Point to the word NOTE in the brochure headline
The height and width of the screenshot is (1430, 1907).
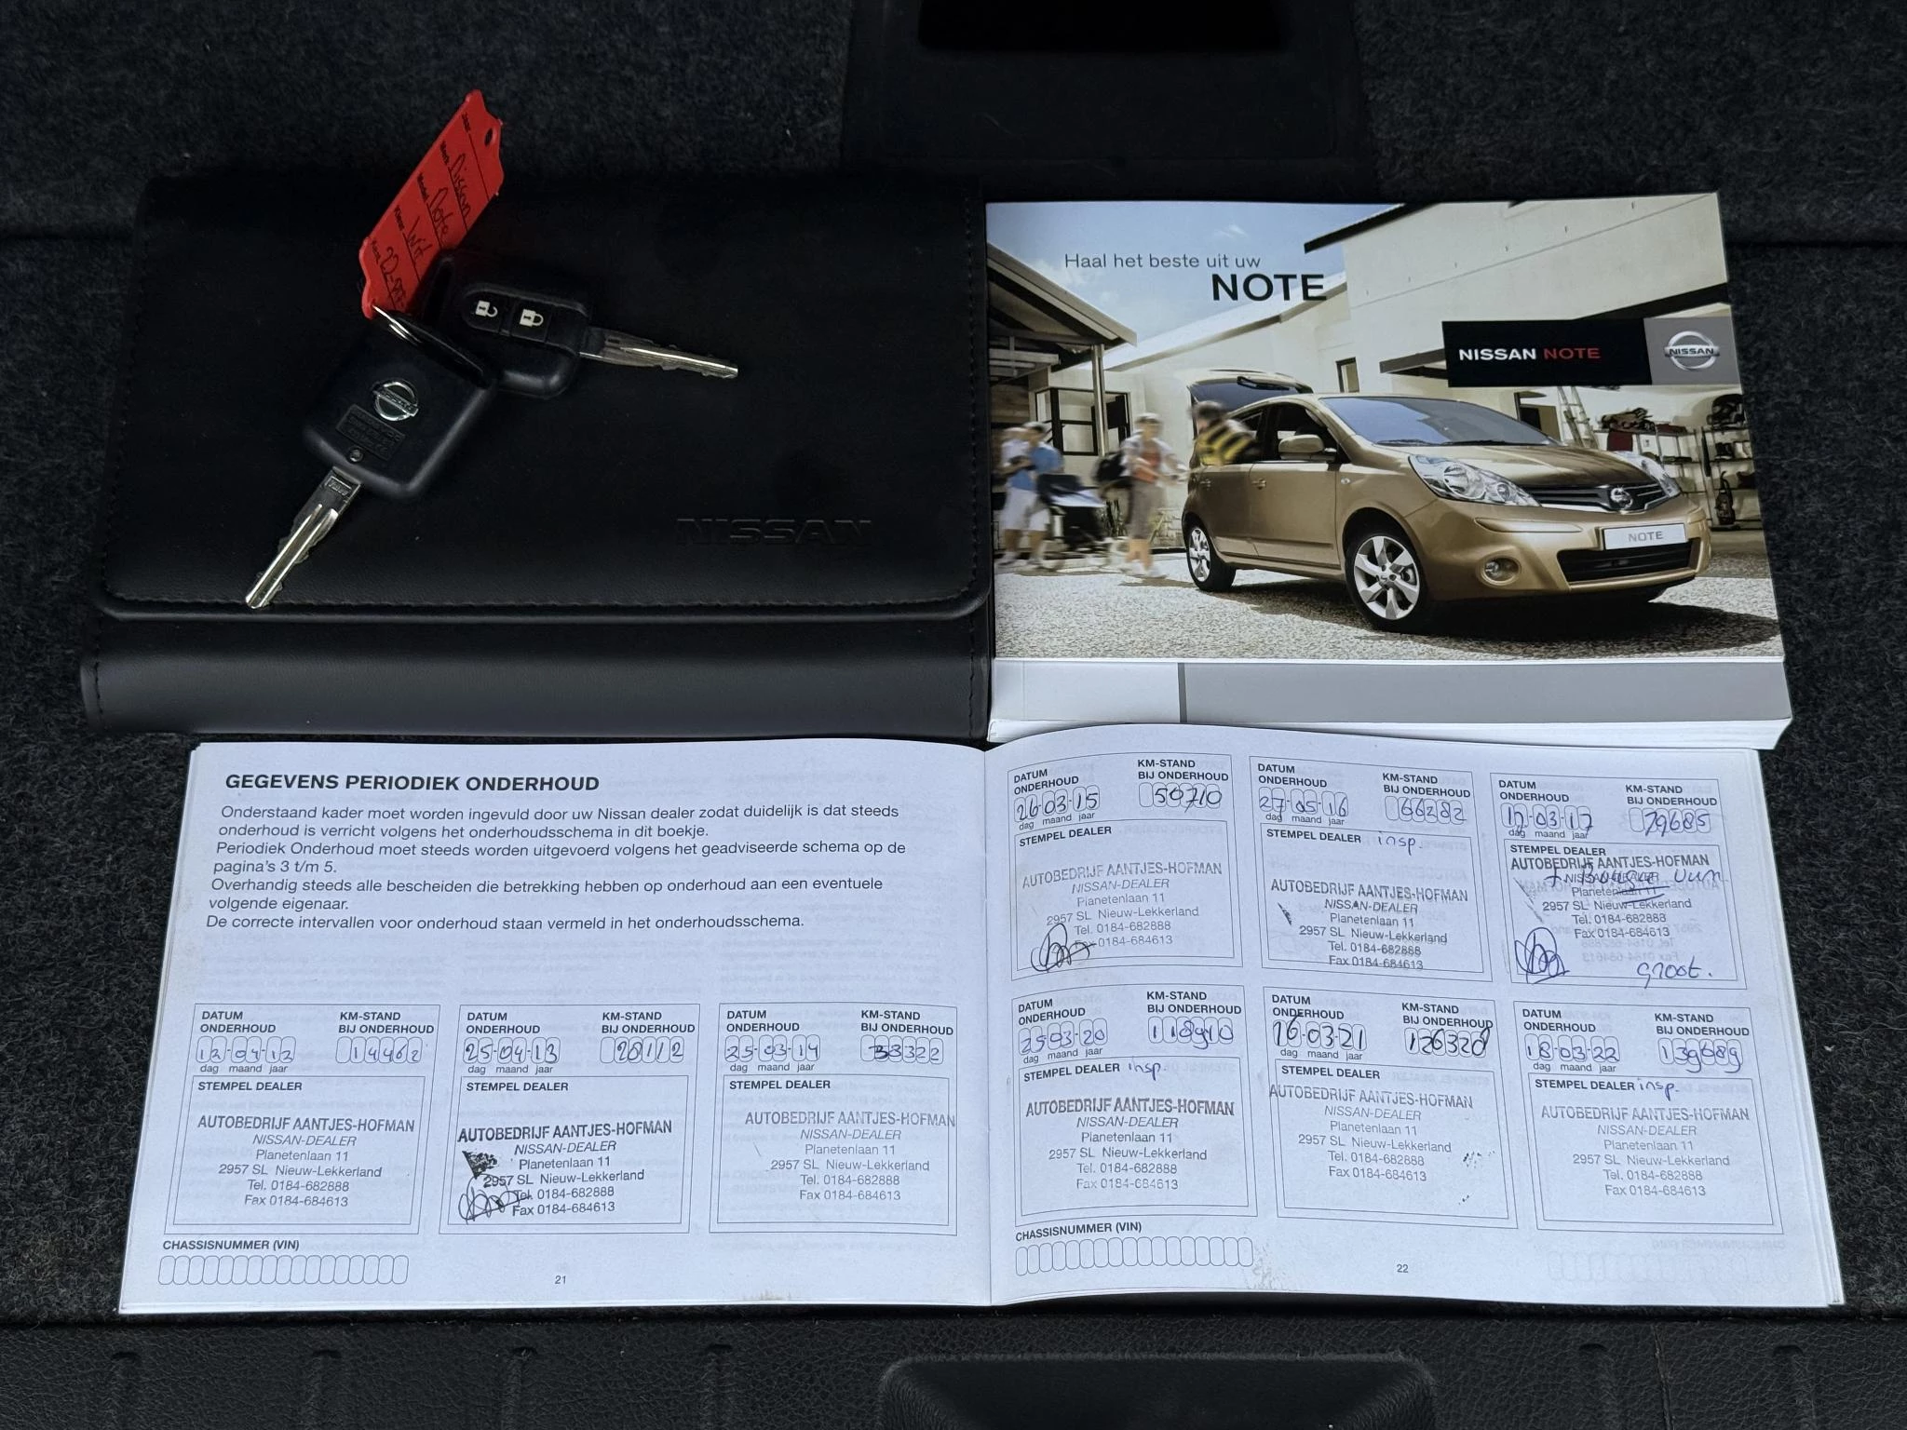coord(1267,288)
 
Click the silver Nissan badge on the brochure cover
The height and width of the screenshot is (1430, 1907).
coord(1692,352)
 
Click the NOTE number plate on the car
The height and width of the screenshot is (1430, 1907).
coord(1644,536)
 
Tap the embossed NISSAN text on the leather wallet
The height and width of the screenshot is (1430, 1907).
coord(773,532)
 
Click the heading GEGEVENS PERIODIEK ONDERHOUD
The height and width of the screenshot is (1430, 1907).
coord(412,783)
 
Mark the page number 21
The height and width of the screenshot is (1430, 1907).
coord(561,1279)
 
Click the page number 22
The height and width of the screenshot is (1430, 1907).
coord(1402,1267)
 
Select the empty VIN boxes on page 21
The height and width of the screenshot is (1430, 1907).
coord(283,1269)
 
